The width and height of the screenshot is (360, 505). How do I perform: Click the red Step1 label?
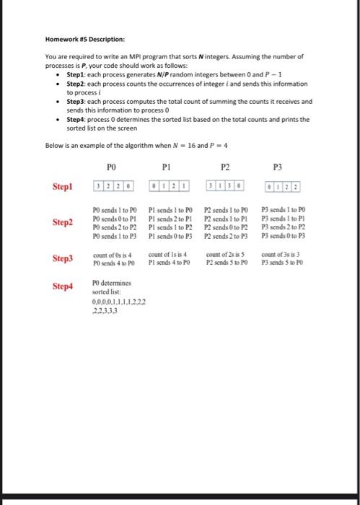point(63,185)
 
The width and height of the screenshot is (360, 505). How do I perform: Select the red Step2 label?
point(63,222)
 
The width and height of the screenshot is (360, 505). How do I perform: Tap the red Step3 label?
point(63,258)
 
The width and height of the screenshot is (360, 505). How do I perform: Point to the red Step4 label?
point(63,286)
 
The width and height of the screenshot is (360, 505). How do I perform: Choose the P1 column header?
point(167,165)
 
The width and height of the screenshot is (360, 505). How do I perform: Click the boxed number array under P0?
point(113,185)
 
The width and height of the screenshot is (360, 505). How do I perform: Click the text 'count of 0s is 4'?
point(112,255)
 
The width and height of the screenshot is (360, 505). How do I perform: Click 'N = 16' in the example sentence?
point(157,145)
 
